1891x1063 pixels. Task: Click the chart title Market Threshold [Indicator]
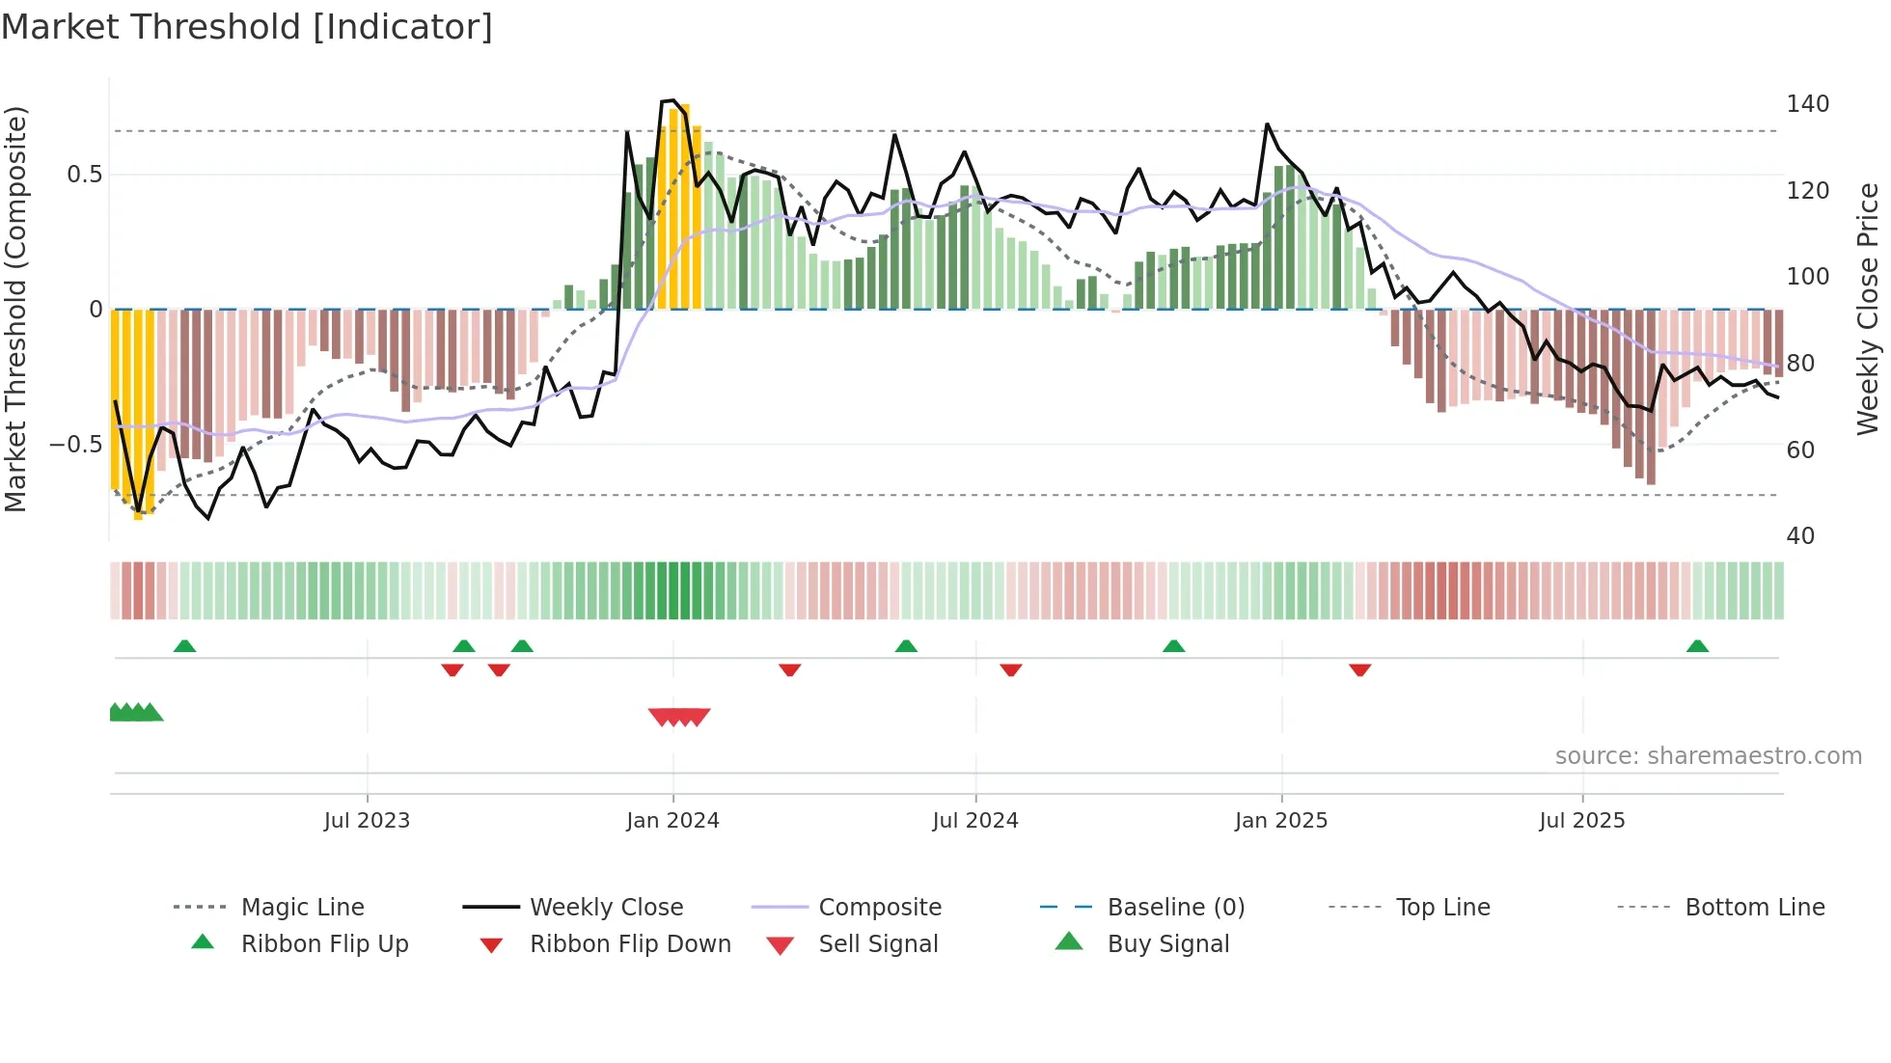[247, 27]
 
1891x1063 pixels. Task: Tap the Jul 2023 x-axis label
[367, 821]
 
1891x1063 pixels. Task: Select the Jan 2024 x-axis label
[672, 821]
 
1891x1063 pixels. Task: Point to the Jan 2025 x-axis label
[1281, 821]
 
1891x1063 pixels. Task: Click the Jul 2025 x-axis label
[1582, 821]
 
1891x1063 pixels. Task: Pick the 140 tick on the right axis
[1807, 104]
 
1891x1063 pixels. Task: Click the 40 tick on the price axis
[1800, 536]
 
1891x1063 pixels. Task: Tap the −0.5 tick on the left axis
[76, 445]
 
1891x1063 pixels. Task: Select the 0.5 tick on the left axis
[84, 175]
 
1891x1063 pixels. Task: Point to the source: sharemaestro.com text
[1708, 756]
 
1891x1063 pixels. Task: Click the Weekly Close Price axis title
[1868, 309]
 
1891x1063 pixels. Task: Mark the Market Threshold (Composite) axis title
[16, 309]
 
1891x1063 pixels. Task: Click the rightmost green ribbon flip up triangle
[1697, 646]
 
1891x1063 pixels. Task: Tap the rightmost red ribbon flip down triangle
[1360, 669]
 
